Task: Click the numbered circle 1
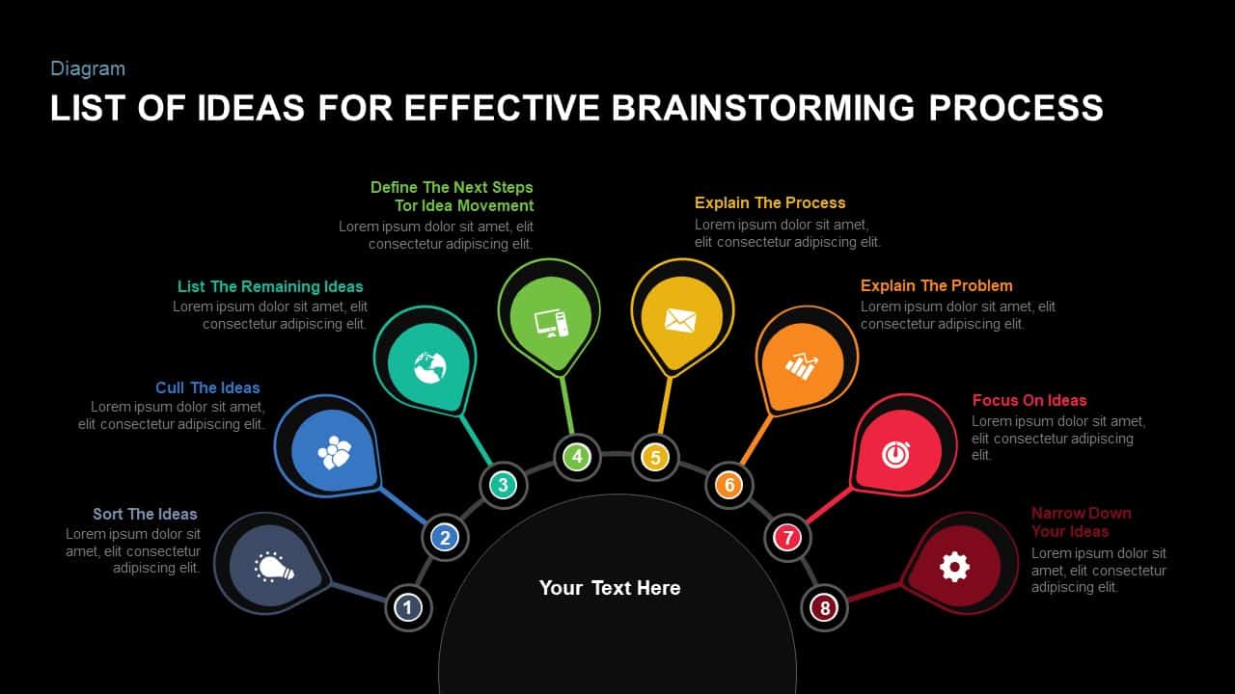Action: (x=408, y=607)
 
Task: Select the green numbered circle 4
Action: (x=577, y=456)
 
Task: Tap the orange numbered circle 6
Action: (x=729, y=485)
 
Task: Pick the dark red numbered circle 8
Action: (x=824, y=608)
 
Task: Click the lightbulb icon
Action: (x=274, y=567)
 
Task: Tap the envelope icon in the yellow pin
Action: (x=680, y=321)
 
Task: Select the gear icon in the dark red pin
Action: (x=954, y=567)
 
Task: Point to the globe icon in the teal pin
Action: (x=429, y=365)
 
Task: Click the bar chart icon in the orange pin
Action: (x=801, y=364)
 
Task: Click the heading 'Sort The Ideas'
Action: (x=145, y=514)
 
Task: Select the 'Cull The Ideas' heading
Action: (x=207, y=387)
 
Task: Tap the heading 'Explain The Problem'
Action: (x=936, y=285)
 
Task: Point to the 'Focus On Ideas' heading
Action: (x=1029, y=400)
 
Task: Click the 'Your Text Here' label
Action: (x=610, y=588)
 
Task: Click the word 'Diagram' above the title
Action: (x=88, y=68)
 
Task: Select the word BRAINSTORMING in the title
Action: (x=763, y=108)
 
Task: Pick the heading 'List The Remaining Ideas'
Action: (x=270, y=286)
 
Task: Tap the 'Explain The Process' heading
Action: (x=770, y=202)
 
